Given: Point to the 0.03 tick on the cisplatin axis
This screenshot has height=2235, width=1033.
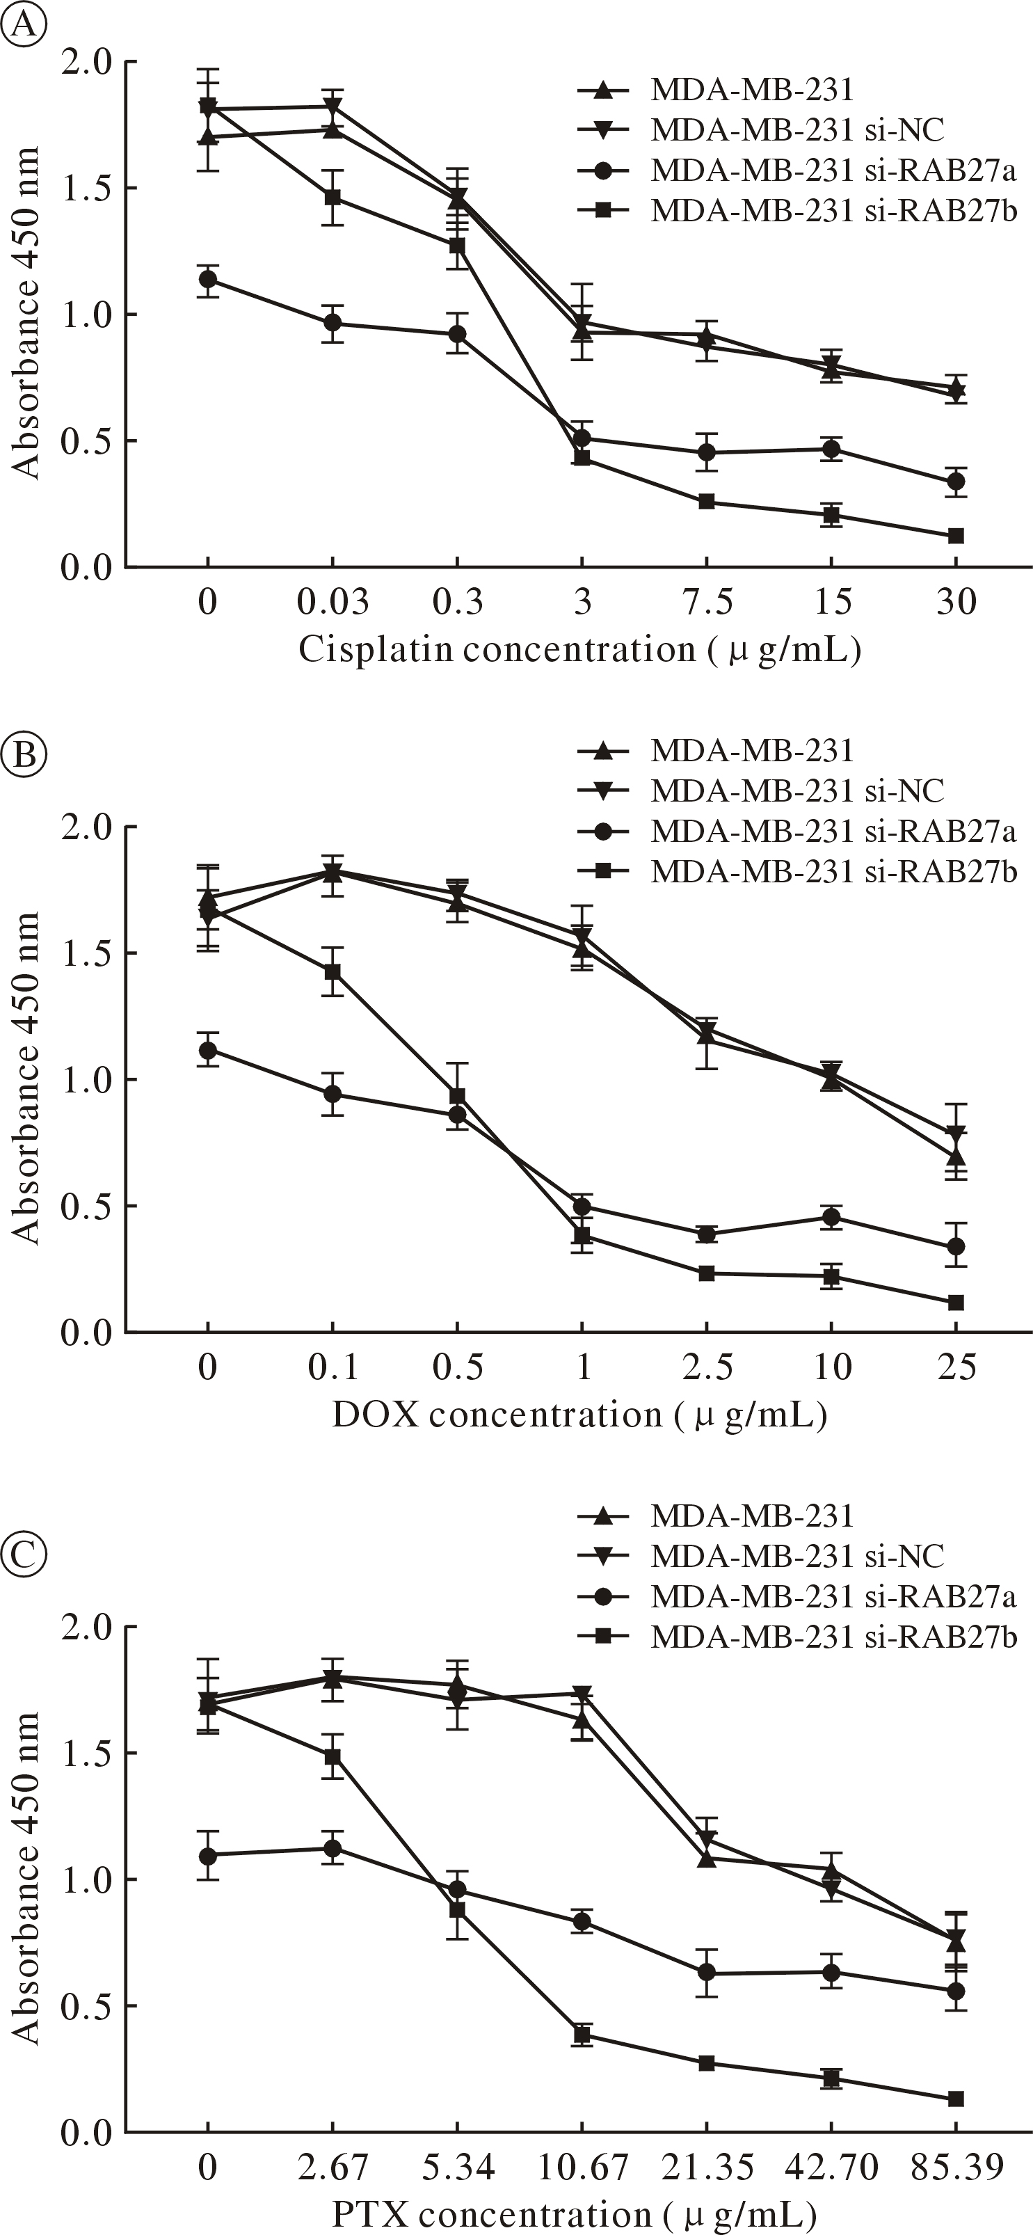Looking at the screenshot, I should click(x=333, y=601).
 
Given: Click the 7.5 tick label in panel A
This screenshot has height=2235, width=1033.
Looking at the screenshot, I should click(x=707, y=601).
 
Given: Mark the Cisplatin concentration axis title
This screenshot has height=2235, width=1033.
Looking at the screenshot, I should click(x=579, y=649).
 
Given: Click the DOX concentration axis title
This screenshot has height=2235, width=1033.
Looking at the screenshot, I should click(x=579, y=1415).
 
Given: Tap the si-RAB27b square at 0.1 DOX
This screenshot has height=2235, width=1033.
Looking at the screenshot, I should click(x=333, y=972).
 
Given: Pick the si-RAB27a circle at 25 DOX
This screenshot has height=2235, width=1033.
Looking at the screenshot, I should click(x=956, y=1247).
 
